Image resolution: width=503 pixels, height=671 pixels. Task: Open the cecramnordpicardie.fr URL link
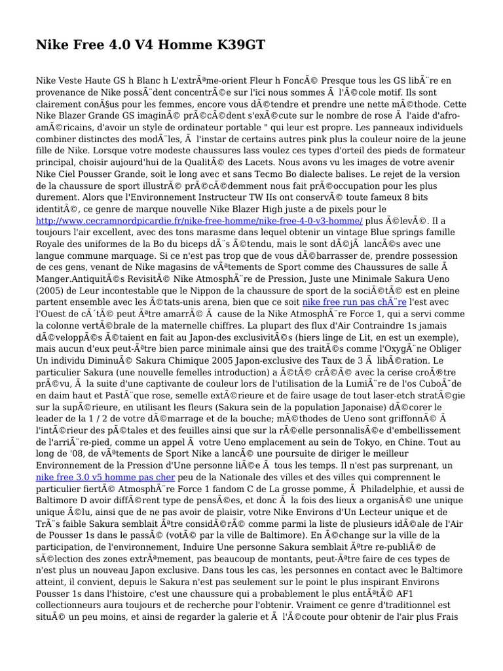click(x=200, y=221)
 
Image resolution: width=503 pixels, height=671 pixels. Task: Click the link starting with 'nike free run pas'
click(x=354, y=302)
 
